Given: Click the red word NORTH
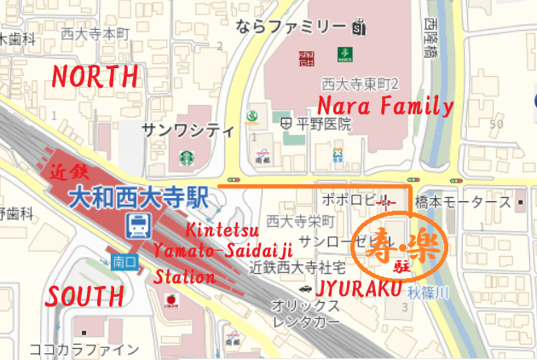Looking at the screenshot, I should click(95, 76).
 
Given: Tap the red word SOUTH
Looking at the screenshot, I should click(84, 296).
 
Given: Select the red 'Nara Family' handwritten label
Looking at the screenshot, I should click(385, 107).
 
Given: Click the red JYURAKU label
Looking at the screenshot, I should click(358, 289).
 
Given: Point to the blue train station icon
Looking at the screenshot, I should click(136, 225).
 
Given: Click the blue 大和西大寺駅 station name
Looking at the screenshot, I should click(139, 198).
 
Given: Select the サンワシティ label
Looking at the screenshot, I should click(188, 131).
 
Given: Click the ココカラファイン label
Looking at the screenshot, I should click(84, 349).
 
